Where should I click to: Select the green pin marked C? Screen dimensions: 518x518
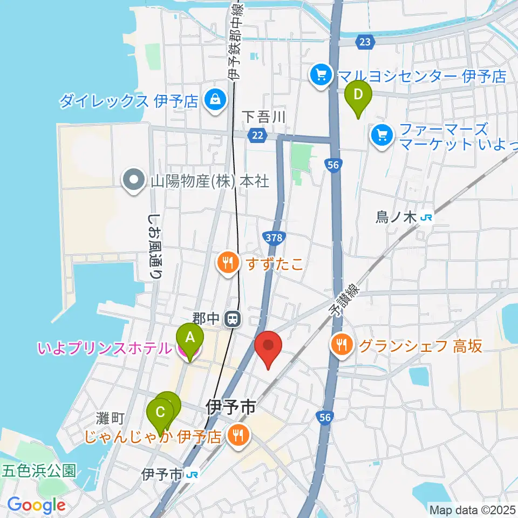[160, 413]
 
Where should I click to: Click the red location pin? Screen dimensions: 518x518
[268, 346]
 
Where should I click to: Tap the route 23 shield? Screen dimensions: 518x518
[365, 42]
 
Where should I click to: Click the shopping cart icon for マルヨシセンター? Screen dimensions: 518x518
[322, 74]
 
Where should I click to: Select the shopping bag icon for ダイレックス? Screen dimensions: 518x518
[215, 100]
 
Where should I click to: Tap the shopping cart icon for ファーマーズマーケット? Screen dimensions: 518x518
[383, 134]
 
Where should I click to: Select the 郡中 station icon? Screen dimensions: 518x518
[233, 319]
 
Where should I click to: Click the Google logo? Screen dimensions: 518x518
[36, 505]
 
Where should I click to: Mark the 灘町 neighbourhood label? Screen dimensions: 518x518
[111, 417]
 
